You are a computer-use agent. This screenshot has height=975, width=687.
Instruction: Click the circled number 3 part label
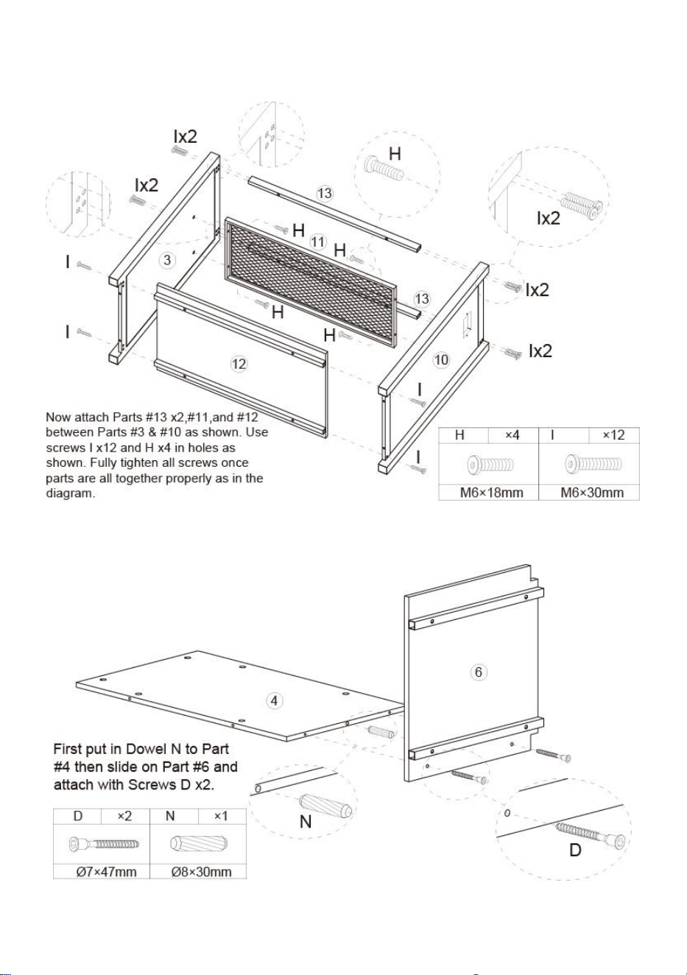166,260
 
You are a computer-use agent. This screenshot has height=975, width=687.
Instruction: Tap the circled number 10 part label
441,359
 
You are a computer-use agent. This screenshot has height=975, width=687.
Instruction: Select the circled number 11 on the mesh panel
318,242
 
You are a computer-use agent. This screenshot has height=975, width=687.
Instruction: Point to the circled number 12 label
239,364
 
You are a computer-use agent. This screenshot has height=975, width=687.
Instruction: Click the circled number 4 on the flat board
274,701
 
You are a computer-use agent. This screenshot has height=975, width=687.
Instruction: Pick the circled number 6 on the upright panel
479,672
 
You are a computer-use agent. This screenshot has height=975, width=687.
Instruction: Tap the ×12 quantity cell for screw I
613,434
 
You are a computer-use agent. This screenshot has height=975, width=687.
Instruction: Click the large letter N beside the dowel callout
306,821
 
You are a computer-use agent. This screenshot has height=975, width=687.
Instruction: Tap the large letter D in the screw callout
574,850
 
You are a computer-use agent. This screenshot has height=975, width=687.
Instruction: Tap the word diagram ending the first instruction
70,493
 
